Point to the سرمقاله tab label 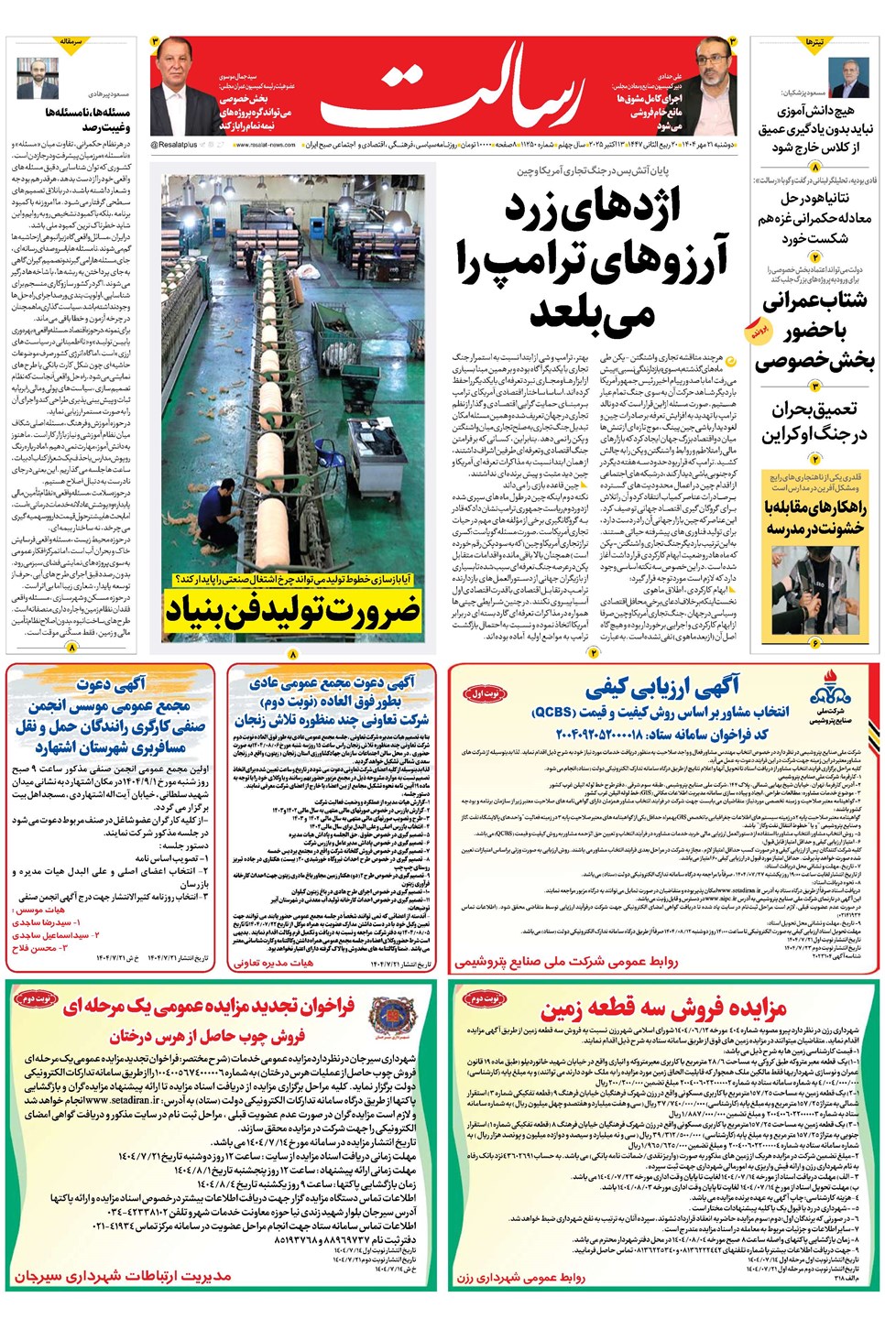(x=71, y=43)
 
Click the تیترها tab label (x=814, y=43)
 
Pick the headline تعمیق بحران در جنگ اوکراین (x=814, y=421)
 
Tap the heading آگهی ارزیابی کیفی (x=661, y=687)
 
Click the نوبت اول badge (x=485, y=693)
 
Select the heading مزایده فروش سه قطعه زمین (x=663, y=1009)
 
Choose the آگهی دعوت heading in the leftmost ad (x=111, y=683)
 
